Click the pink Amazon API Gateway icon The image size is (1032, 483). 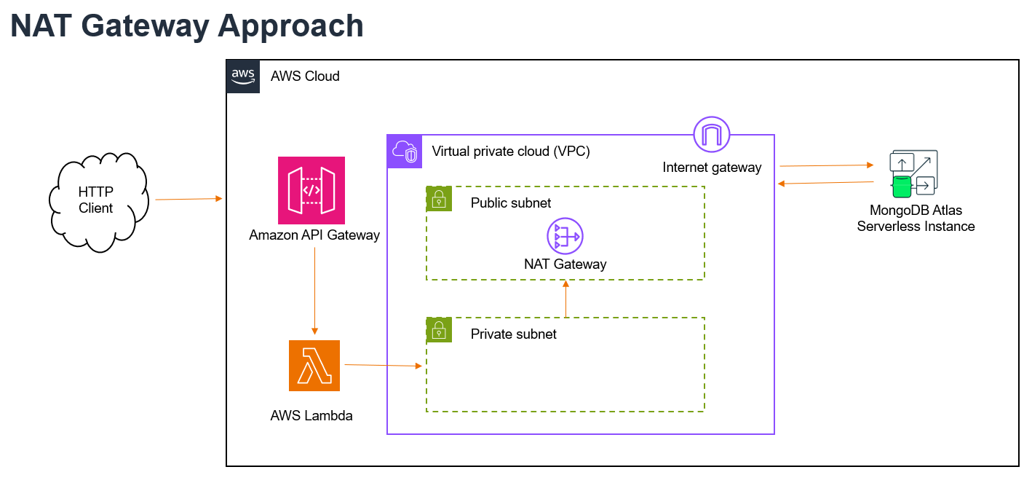(x=311, y=190)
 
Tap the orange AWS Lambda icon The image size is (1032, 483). (x=314, y=366)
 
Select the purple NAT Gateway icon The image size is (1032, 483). (x=565, y=236)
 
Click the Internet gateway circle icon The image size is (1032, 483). (x=712, y=134)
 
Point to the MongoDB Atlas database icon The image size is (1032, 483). (x=913, y=173)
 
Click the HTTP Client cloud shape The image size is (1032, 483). (x=98, y=202)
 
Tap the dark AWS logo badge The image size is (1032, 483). (x=243, y=76)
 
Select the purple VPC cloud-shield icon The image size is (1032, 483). (x=405, y=152)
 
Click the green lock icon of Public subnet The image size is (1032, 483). (x=439, y=199)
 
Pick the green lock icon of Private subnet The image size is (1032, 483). (x=439, y=330)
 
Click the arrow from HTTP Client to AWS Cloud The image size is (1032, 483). (x=189, y=199)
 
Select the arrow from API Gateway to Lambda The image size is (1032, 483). (x=314, y=291)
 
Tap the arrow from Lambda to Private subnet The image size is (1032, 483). (x=384, y=366)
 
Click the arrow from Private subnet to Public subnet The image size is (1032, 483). (x=565, y=299)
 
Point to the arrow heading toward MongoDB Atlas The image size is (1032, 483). (x=827, y=165)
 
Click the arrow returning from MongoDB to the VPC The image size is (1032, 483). (x=825, y=183)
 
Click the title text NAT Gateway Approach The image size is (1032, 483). (x=187, y=26)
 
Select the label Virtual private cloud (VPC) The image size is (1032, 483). (x=511, y=152)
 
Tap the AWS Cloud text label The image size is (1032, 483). (x=305, y=76)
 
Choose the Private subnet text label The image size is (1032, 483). (x=513, y=334)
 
